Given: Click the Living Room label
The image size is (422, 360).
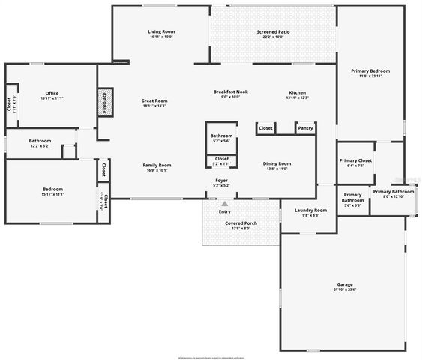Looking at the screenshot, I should click(x=161, y=31).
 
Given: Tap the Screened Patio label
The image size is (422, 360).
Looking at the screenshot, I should click(x=273, y=32).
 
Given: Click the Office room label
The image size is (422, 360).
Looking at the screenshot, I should click(x=52, y=93).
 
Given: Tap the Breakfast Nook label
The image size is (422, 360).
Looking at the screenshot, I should click(x=230, y=92).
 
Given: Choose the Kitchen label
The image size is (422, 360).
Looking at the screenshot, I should click(x=298, y=92).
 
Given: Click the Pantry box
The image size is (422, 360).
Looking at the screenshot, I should click(x=305, y=128).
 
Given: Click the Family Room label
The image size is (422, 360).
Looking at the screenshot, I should click(x=157, y=165).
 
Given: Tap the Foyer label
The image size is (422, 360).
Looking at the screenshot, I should click(x=221, y=181).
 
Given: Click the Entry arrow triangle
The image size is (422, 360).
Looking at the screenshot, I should click(x=223, y=202).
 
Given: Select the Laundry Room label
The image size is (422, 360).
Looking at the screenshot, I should click(x=310, y=211).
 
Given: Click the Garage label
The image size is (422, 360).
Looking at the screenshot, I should click(x=345, y=285).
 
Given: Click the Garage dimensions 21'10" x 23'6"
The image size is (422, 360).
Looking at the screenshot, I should click(x=345, y=289).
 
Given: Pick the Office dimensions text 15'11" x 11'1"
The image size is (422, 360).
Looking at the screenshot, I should click(x=52, y=98).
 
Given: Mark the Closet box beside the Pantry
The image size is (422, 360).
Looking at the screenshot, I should click(x=265, y=128).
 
